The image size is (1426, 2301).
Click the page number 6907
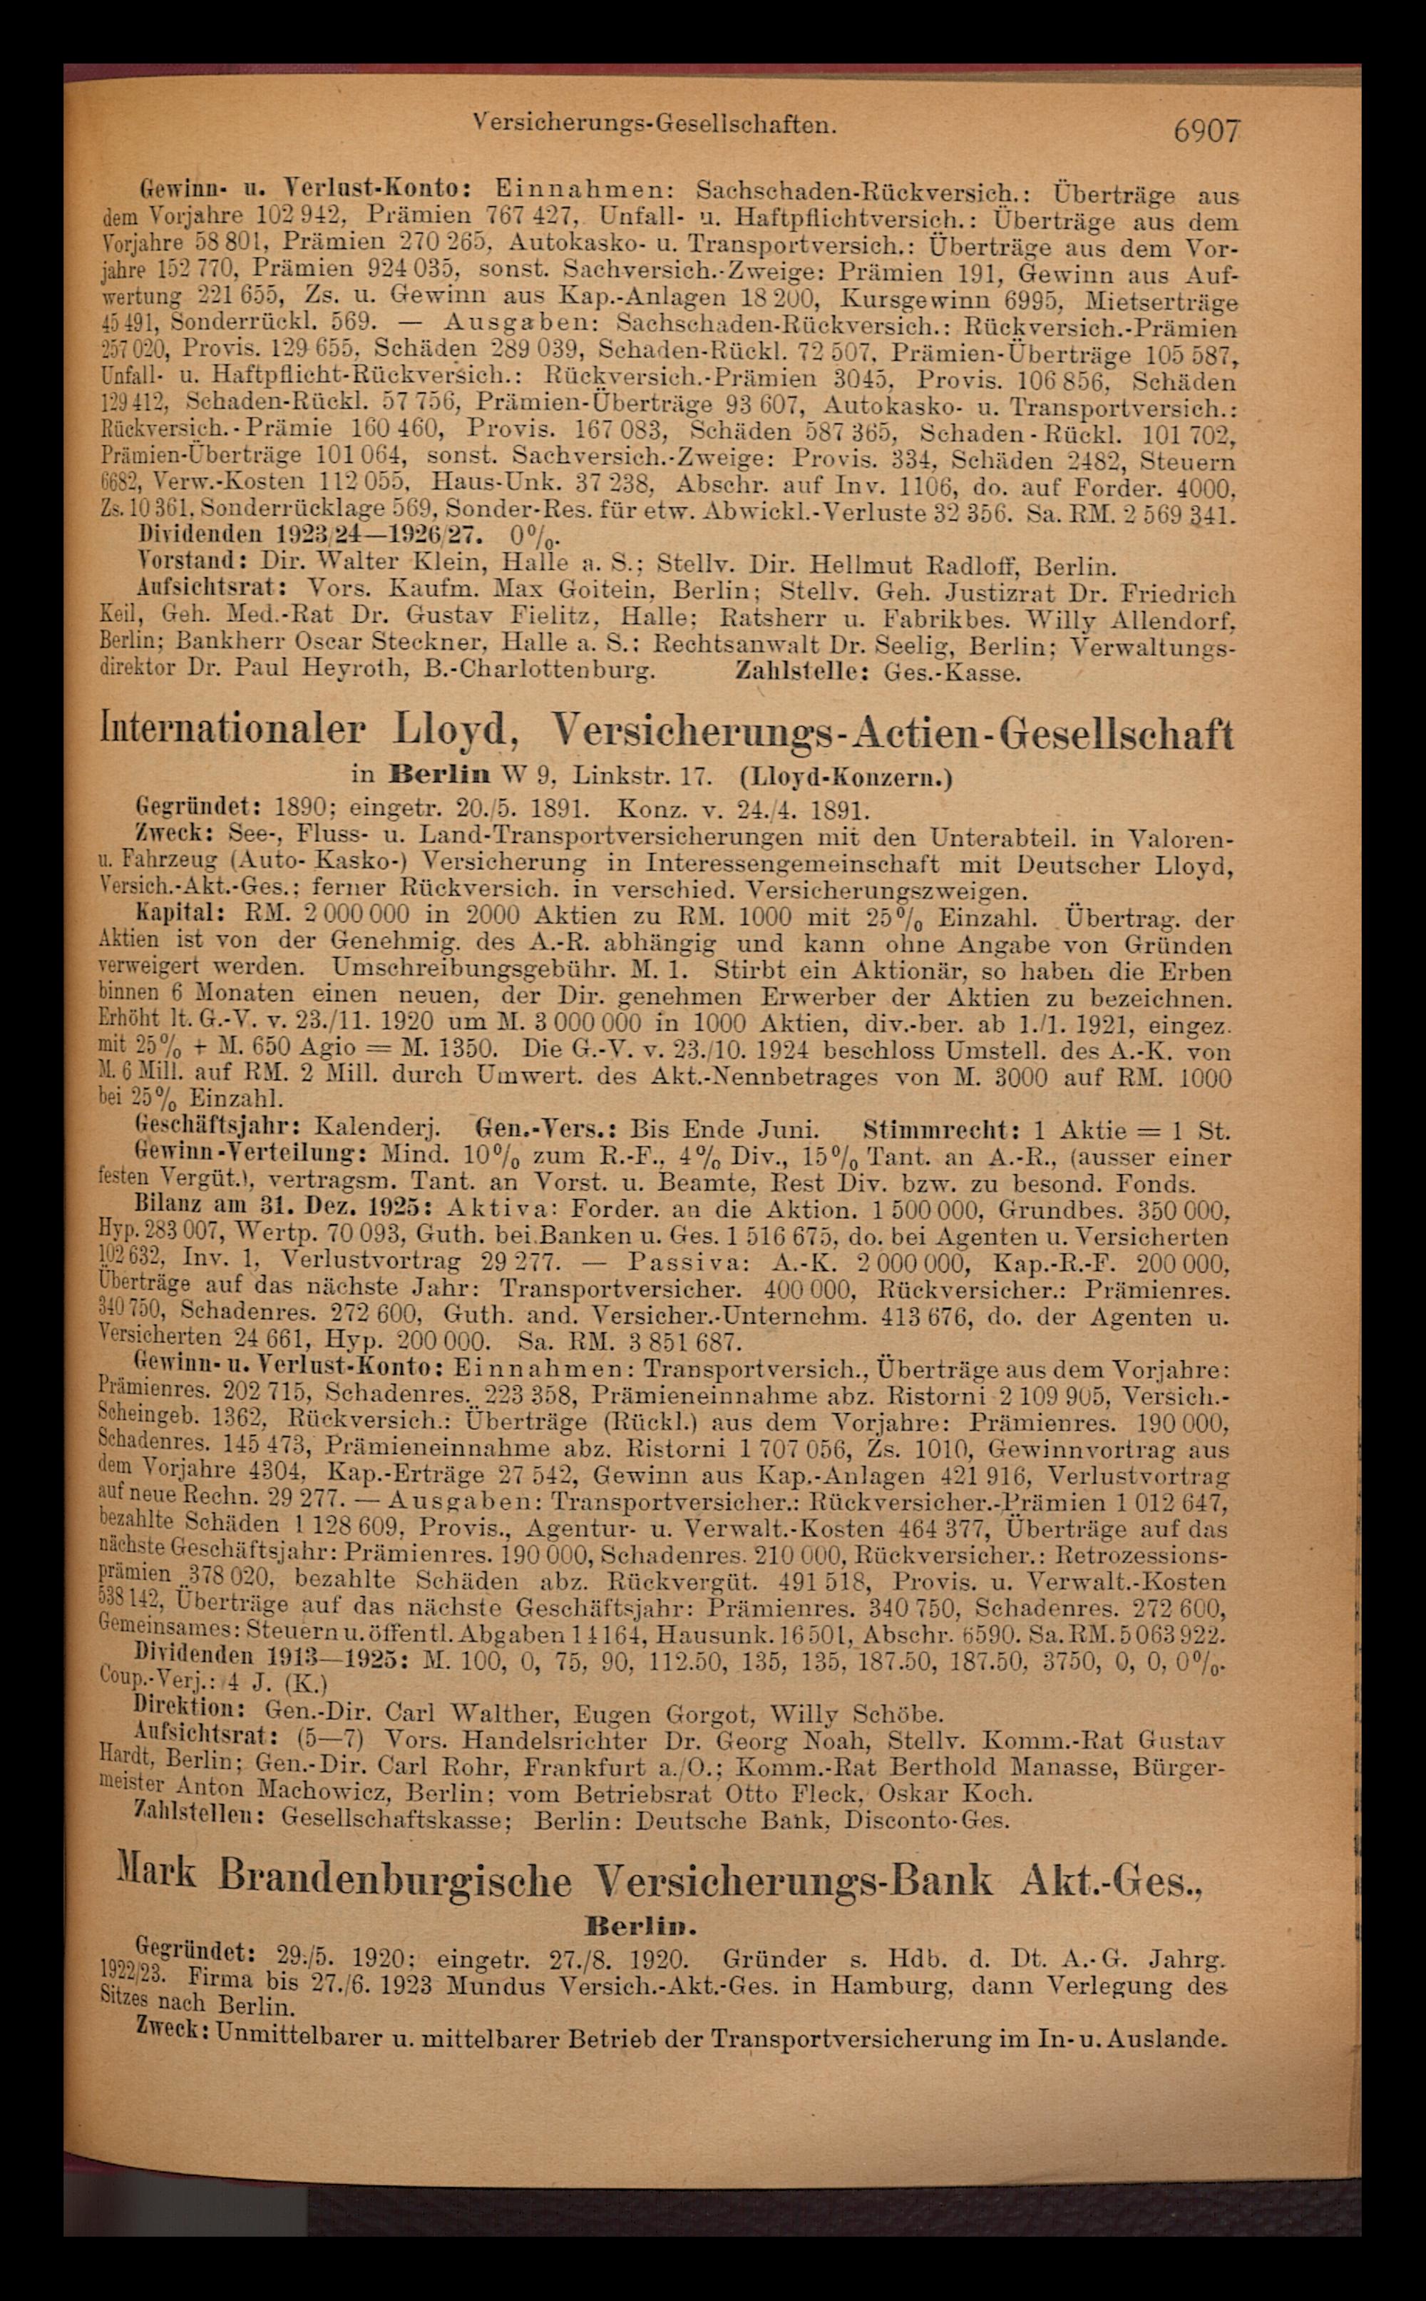pyautogui.click(x=1206, y=131)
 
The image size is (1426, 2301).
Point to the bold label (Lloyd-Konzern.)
pyautogui.click(x=846, y=777)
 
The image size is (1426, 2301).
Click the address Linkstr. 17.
pyautogui.click(x=641, y=777)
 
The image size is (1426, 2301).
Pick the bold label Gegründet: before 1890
pyautogui.click(x=198, y=809)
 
